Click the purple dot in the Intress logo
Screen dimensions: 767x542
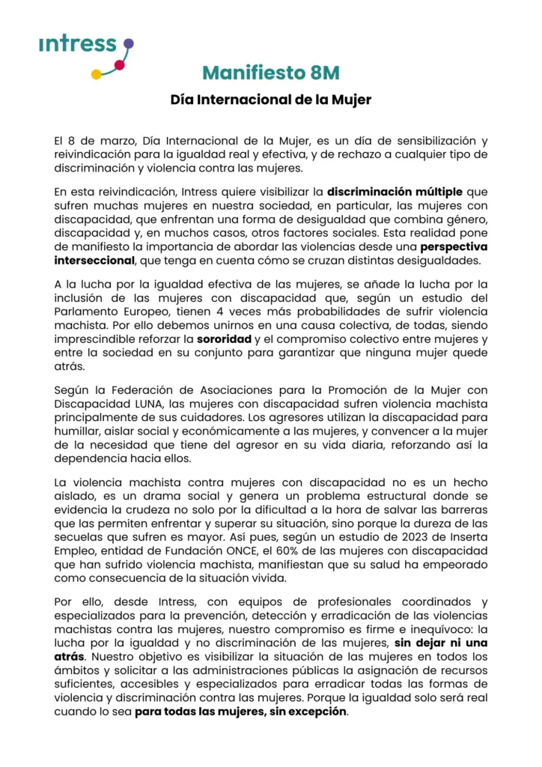128,44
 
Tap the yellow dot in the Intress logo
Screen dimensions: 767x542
96,74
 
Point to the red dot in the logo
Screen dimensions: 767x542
118,66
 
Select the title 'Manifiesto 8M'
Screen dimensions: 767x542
271,73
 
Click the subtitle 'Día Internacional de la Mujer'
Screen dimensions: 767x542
271,99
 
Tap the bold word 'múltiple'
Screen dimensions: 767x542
438,191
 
